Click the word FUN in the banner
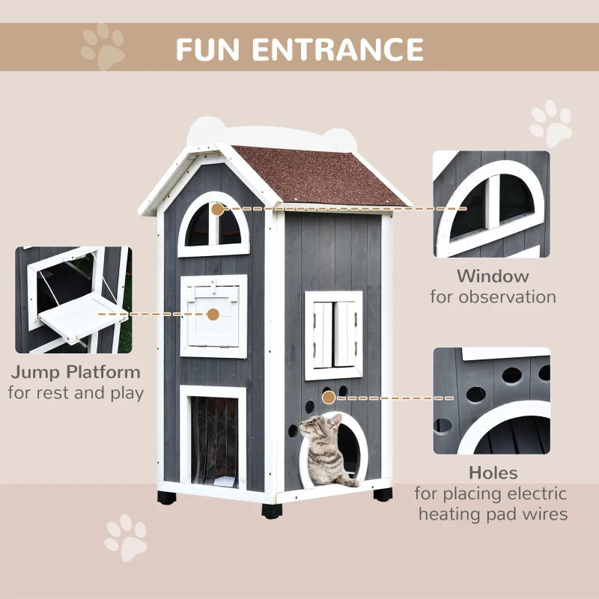coord(210,49)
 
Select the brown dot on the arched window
coord(217,209)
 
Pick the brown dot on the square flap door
coord(213,315)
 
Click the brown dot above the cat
coord(328,398)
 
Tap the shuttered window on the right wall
coord(334,335)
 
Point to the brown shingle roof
coord(322,176)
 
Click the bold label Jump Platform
coord(76,371)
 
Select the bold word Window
coord(493,276)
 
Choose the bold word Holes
coord(493,472)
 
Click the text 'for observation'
coord(493,297)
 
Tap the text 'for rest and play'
coord(76,392)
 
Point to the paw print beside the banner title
coord(103,46)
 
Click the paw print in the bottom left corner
coord(125,537)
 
